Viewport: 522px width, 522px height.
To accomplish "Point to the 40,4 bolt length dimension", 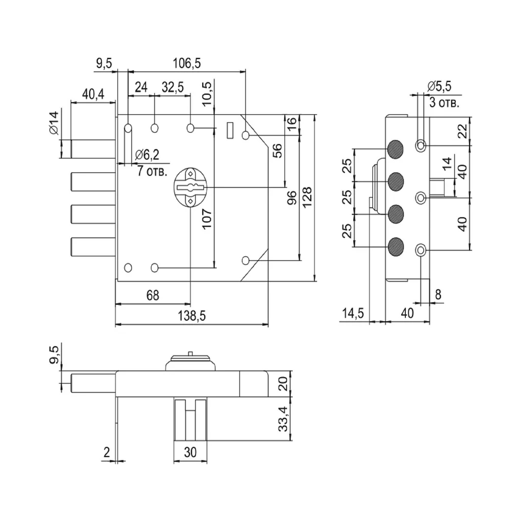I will point(93,94).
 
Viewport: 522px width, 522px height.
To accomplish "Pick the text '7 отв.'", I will point(152,171).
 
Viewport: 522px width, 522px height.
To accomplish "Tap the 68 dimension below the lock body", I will point(152,295).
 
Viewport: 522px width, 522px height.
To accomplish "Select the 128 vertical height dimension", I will point(307,197).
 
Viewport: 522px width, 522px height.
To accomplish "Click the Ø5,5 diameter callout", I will point(440,86).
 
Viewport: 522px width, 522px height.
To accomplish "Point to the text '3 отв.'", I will point(444,103).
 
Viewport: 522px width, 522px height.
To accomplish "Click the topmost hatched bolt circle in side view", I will point(395,148).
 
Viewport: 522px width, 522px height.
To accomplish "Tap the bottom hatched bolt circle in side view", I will point(395,248).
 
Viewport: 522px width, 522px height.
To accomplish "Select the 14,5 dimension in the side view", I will point(352,313).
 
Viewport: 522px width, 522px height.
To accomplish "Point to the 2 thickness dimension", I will point(106,451).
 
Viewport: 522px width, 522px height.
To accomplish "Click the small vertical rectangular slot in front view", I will point(229,129).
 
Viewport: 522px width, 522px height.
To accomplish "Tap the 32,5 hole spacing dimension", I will point(173,87).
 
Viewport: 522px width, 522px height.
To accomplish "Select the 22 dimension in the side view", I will point(462,131).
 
